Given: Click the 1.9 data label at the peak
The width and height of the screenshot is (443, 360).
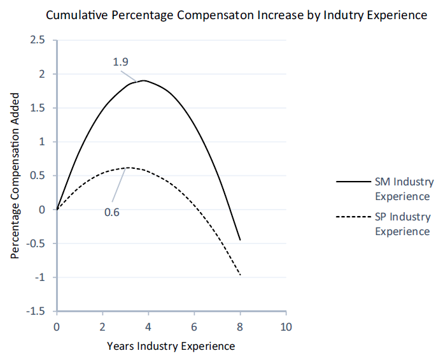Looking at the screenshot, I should pos(122,62).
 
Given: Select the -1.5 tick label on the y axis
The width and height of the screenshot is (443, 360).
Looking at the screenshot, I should pos(37,311).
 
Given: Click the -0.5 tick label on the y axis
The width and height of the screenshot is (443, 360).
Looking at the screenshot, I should pos(37,243).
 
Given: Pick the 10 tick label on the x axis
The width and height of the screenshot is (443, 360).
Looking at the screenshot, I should pos(286,327).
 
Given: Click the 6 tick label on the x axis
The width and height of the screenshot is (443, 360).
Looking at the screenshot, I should pos(194,327).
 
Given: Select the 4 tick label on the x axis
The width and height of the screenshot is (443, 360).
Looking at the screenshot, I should pos(148,327).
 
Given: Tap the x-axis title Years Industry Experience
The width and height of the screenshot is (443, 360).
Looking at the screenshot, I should pos(171,346).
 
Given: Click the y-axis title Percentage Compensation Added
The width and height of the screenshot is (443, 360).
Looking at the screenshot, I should pos(15,175).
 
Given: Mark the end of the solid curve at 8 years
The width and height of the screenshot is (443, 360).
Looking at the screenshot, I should pos(240,240).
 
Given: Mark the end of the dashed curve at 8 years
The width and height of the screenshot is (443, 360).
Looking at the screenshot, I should pos(240,275).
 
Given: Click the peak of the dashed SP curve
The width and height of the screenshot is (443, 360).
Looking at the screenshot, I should pos(129,168).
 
